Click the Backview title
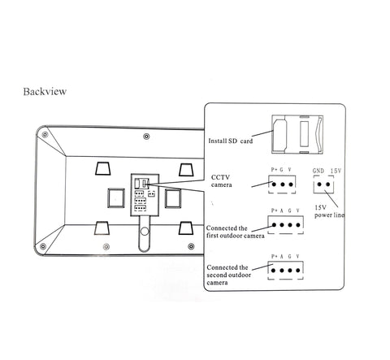[45, 92]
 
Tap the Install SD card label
[230, 141]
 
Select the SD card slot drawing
[297, 134]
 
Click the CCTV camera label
[221, 181]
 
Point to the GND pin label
[318, 171]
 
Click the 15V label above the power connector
[336, 171]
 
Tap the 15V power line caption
[329, 211]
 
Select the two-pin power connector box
[323, 184]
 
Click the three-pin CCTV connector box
[282, 184]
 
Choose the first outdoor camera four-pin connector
[286, 225]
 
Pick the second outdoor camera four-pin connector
[285, 271]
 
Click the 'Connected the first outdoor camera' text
[235, 232]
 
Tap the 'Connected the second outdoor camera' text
[228, 275]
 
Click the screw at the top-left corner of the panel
[45, 134]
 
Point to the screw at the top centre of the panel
[146, 137]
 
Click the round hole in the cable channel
[145, 232]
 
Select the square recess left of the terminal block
[116, 198]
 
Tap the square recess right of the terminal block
[173, 198]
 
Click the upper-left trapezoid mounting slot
[103, 168]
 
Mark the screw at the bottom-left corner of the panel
[43, 246]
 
